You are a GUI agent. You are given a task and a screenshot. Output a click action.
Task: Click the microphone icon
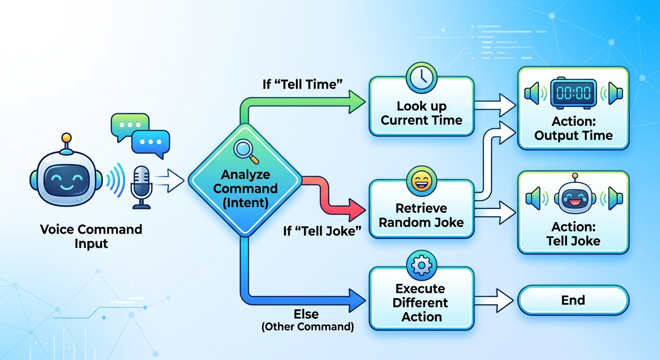click(141, 186)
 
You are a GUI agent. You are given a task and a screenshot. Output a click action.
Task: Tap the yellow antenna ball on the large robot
click(67, 138)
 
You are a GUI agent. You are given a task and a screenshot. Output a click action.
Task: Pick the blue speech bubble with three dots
click(150, 142)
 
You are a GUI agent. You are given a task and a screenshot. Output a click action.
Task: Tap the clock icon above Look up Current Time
click(421, 77)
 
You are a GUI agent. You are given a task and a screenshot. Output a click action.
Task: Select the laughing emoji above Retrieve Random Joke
click(421, 180)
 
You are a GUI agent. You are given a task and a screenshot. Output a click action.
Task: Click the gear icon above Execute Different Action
click(421, 266)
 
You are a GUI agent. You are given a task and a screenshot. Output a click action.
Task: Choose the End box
click(573, 300)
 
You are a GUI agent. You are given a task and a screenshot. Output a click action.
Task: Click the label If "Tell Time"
click(302, 84)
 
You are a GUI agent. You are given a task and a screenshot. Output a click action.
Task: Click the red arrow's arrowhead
click(357, 207)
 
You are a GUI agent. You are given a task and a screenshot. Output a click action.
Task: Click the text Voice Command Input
click(91, 237)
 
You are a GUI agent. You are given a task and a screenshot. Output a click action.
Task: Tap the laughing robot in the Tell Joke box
click(573, 196)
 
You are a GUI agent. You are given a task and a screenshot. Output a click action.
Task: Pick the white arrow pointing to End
click(498, 300)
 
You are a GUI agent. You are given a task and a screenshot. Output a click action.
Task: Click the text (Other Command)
click(307, 327)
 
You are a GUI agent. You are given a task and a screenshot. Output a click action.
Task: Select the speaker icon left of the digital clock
click(534, 93)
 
